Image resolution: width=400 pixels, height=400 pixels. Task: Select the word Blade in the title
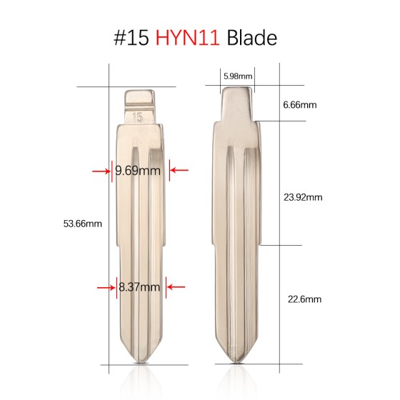tap(251, 37)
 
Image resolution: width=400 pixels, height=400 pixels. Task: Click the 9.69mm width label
tap(139, 171)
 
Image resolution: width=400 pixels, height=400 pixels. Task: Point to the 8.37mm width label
tap(139, 287)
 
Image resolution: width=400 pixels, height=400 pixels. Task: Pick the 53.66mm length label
tap(83, 223)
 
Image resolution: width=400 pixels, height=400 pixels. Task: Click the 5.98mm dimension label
tap(236, 75)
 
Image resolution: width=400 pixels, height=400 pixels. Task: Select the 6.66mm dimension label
tap(299, 105)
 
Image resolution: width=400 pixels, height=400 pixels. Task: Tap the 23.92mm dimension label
tap(303, 196)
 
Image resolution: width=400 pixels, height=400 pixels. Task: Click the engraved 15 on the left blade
tap(138, 115)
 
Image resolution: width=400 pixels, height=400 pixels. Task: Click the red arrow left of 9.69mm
tap(100, 171)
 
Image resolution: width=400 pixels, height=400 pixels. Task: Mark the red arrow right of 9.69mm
tap(179, 171)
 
